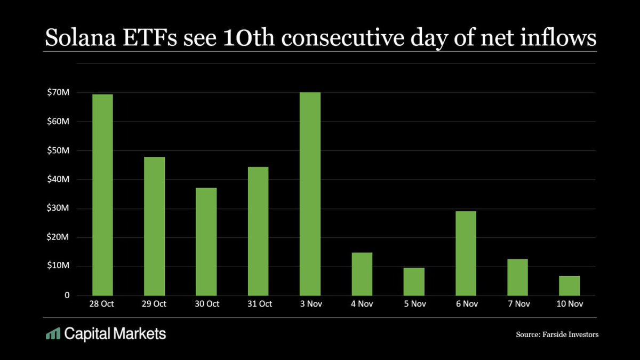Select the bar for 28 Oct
[102, 195]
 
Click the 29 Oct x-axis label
[155, 304]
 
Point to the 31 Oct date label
[258, 304]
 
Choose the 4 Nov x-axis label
[362, 304]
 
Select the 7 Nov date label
[517, 304]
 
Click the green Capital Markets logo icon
[52, 334]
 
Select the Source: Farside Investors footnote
[557, 335]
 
